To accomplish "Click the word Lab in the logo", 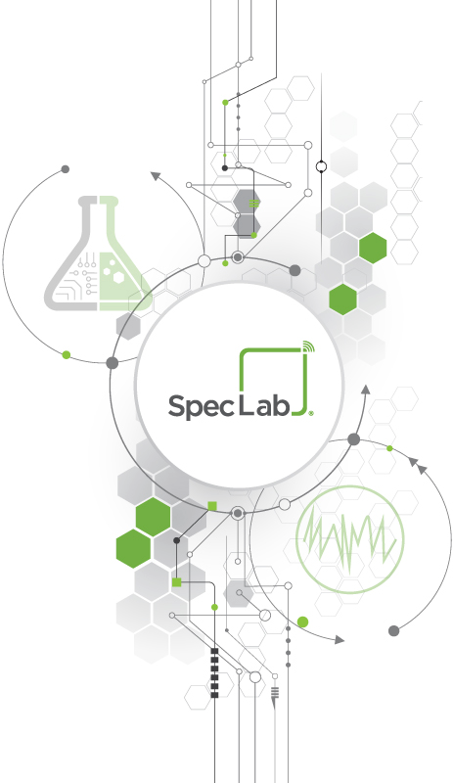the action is [264, 404].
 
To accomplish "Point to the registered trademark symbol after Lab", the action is [311, 413].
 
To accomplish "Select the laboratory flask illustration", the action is [99, 253].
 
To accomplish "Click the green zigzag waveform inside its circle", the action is [350, 539].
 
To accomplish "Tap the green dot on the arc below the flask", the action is [67, 355].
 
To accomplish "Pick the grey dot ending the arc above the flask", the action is [65, 169].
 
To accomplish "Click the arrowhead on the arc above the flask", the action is [156, 176].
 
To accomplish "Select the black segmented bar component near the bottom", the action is [215, 672].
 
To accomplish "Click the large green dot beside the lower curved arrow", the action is [302, 622].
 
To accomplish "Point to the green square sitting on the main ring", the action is [212, 506].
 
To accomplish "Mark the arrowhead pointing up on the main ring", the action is [366, 390].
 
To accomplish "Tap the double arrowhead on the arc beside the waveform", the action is [417, 465].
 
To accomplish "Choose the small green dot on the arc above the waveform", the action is [389, 448].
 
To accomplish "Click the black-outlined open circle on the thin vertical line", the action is [322, 166].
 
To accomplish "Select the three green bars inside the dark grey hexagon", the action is [254, 204].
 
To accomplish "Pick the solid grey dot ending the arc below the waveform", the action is [393, 631].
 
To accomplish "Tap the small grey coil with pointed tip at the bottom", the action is [274, 696].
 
